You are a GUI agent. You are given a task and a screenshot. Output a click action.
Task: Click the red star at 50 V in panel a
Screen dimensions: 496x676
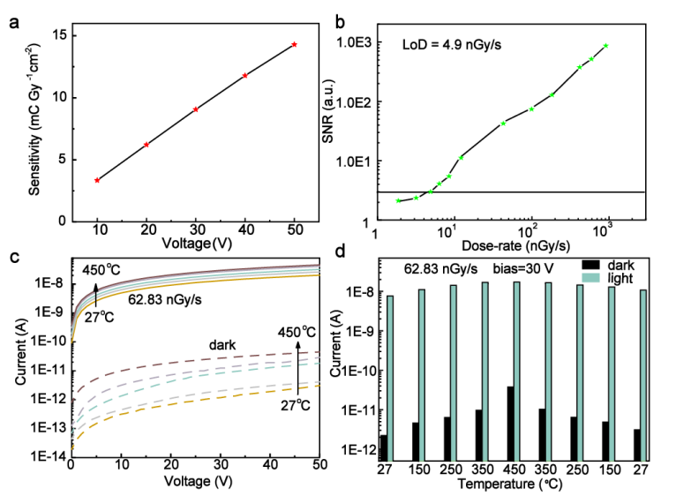[x=294, y=44]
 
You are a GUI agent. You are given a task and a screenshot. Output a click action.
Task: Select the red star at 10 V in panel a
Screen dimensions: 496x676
[x=97, y=180]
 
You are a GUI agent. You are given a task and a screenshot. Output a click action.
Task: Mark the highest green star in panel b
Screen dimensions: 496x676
[x=606, y=46]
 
